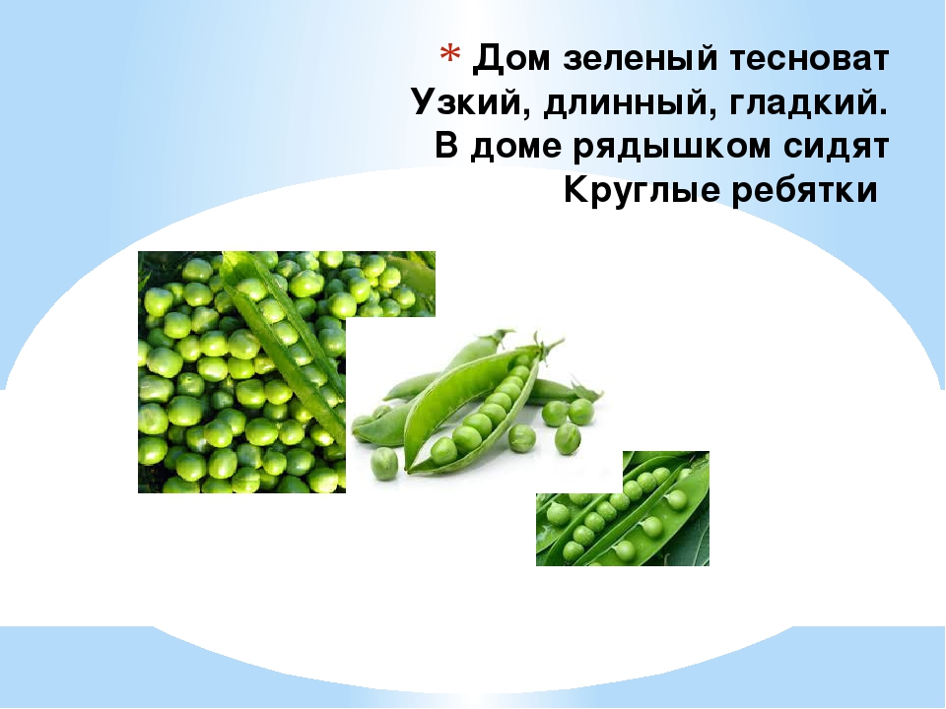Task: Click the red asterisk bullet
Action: [449, 54]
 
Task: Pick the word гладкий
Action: [805, 102]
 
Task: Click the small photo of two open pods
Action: [623, 512]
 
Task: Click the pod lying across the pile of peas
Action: [284, 338]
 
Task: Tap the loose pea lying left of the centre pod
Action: [384, 463]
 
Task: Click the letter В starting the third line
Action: [446, 146]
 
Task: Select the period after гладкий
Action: [885, 112]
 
